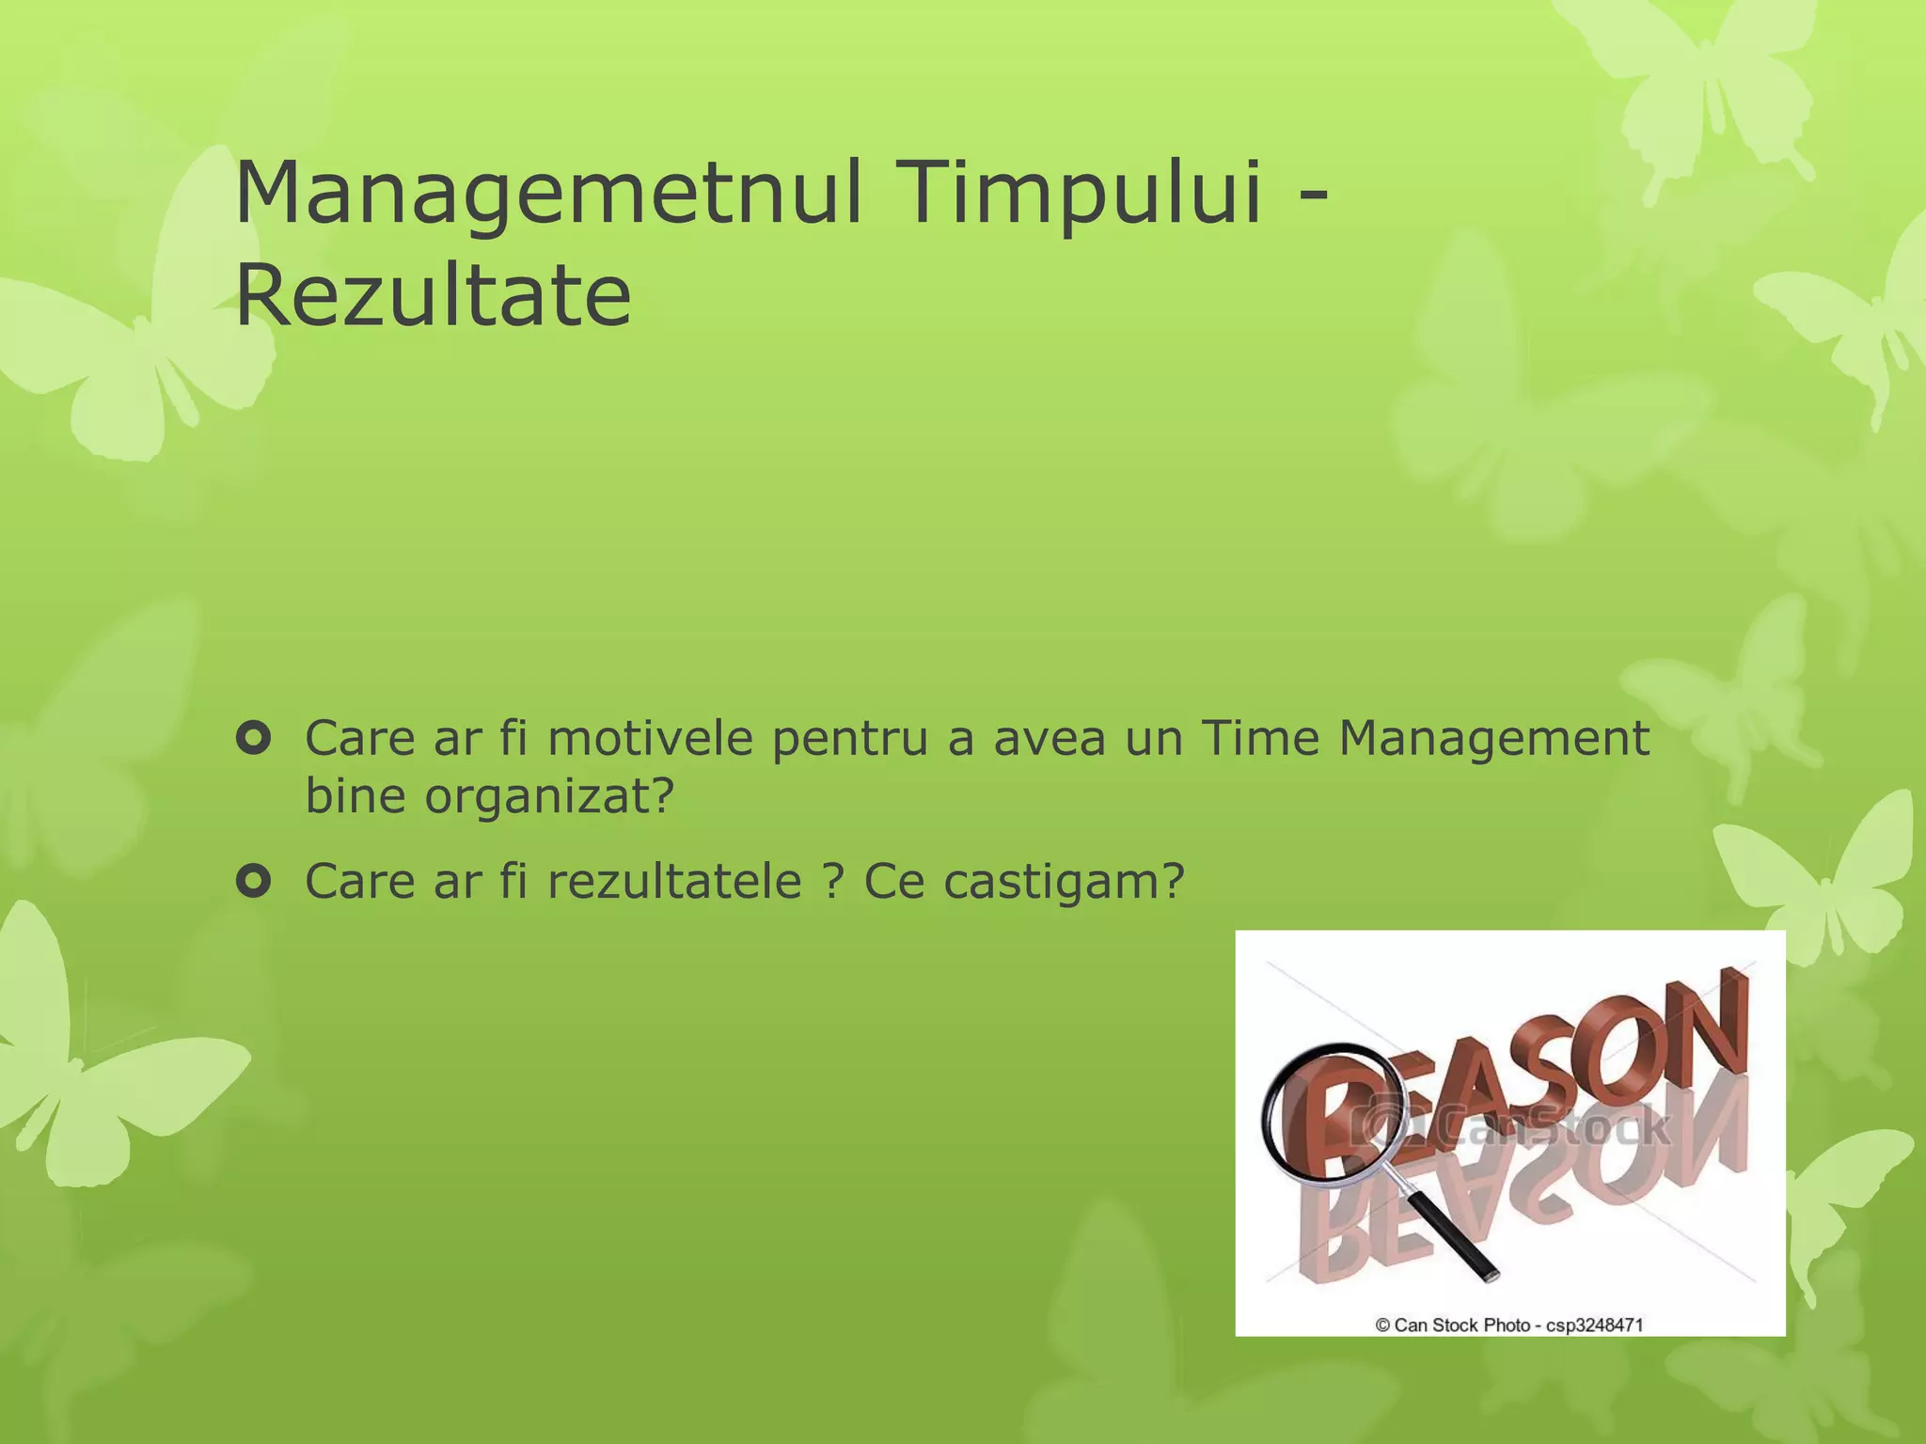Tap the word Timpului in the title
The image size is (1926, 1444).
1079,194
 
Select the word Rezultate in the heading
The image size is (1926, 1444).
433,296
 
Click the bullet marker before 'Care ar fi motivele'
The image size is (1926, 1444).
253,739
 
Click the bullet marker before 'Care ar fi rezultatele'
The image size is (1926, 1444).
253,881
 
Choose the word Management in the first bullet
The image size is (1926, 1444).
1493,740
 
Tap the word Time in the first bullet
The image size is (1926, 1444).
1259,738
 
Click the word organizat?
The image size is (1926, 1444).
549,797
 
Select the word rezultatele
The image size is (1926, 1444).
674,882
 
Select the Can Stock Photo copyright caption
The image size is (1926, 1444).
1509,1325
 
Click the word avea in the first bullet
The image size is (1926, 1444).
1050,739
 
